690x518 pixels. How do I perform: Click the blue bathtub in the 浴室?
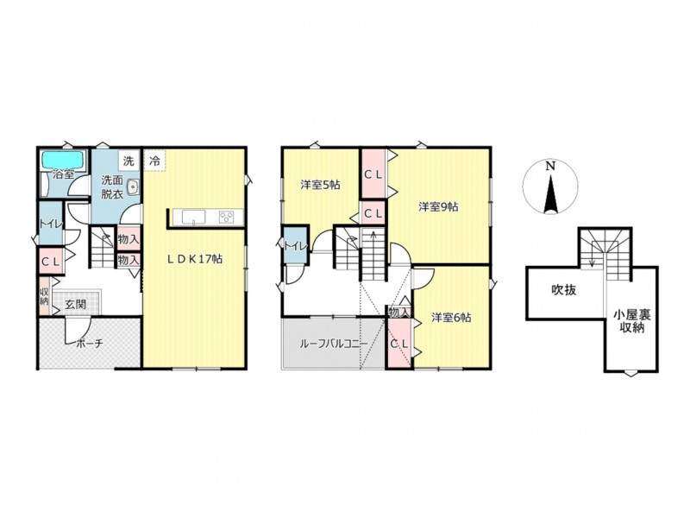pyautogui.click(x=63, y=160)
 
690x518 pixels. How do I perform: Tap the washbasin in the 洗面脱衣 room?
pyautogui.click(x=133, y=187)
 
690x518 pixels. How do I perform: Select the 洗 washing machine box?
pyautogui.click(x=129, y=161)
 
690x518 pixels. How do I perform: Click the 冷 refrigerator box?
pyautogui.click(x=154, y=161)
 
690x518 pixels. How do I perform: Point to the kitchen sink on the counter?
pyautogui.click(x=193, y=218)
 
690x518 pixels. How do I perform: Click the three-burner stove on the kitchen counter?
pyautogui.click(x=227, y=218)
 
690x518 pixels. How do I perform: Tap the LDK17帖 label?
pyautogui.click(x=195, y=259)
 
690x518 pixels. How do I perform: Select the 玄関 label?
pyautogui.click(x=76, y=305)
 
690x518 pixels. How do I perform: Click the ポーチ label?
pyautogui.click(x=90, y=343)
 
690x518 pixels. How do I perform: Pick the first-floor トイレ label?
pyautogui.click(x=50, y=224)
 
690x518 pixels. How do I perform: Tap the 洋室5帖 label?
pyautogui.click(x=320, y=185)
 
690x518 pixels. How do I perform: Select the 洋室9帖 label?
pyautogui.click(x=438, y=206)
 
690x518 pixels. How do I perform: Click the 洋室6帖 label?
pyautogui.click(x=451, y=317)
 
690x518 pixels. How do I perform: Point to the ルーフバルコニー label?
pyautogui.click(x=334, y=344)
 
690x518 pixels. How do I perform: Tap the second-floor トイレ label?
pyautogui.click(x=295, y=246)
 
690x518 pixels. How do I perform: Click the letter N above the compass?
pyautogui.click(x=550, y=166)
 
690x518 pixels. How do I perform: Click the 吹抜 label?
pyautogui.click(x=564, y=290)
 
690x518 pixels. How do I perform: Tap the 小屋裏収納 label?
pyautogui.click(x=632, y=321)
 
